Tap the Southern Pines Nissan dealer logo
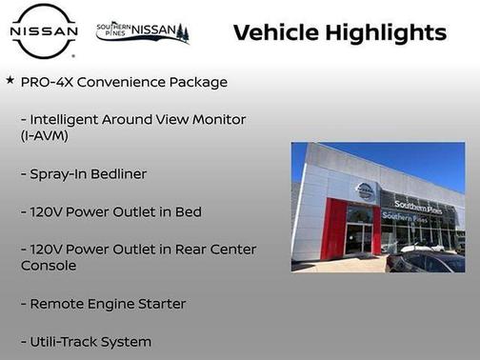pyautogui.click(x=143, y=32)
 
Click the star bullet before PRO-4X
pyautogui.click(x=10, y=81)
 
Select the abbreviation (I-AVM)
pyautogui.click(x=44, y=136)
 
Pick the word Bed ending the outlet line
pyautogui.click(x=188, y=211)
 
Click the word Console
pyautogui.click(x=50, y=266)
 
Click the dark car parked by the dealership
pyautogui.click(x=429, y=258)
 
